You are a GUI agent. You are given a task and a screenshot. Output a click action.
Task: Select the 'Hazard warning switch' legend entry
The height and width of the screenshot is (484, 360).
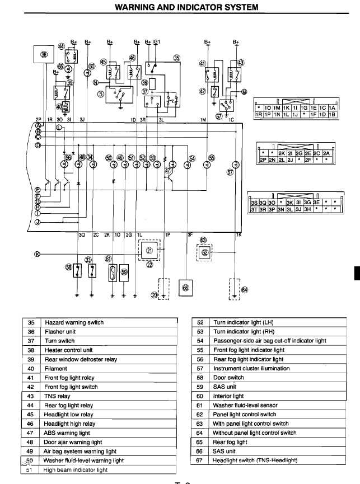coord(74,323)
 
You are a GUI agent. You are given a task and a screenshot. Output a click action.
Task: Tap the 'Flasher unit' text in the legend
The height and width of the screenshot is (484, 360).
coord(59,332)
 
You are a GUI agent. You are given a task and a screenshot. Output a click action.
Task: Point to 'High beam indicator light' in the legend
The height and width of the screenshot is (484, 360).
coord(76,470)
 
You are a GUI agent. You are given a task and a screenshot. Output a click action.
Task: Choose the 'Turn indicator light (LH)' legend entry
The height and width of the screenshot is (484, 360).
coord(243,323)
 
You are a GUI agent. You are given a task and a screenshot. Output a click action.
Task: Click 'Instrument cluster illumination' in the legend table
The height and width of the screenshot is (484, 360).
coord(251,369)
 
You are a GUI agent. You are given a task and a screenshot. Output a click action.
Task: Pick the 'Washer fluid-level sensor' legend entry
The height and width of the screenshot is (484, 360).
coord(249,405)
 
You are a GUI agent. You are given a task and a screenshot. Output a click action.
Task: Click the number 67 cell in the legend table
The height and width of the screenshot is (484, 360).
coord(200,460)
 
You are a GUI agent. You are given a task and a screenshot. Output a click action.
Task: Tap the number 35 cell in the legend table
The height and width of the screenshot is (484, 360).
coord(31,323)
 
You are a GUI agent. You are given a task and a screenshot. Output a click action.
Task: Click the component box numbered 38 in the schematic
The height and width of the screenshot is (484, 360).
coord(45,54)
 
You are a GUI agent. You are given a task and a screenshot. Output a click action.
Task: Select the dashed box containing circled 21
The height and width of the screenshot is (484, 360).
coord(149,251)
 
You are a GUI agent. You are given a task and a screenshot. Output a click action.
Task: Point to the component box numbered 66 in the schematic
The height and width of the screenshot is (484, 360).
coord(186,288)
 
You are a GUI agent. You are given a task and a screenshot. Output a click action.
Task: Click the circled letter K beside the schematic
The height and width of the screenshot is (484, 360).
coord(38,254)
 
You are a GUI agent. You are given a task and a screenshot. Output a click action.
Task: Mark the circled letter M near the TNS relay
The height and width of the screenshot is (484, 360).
coord(244,91)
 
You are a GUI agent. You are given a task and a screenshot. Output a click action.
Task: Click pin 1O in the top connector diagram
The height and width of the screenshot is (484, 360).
coord(268,107)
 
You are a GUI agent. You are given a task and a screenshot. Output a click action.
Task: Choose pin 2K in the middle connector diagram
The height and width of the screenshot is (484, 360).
coord(282,152)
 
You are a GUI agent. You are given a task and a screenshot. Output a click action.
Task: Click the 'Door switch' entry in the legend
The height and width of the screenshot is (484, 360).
coord(228,378)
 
